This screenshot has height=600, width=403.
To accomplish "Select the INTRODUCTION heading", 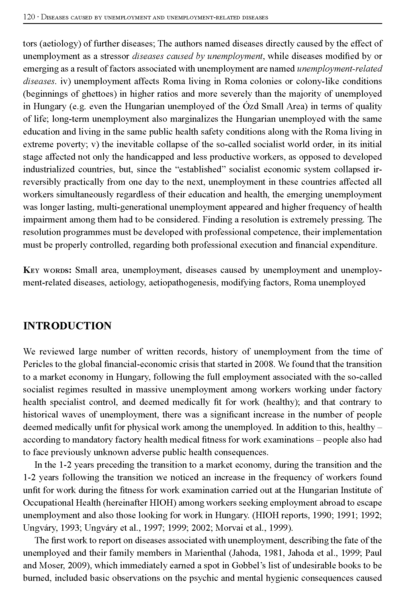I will click(x=67, y=326).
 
